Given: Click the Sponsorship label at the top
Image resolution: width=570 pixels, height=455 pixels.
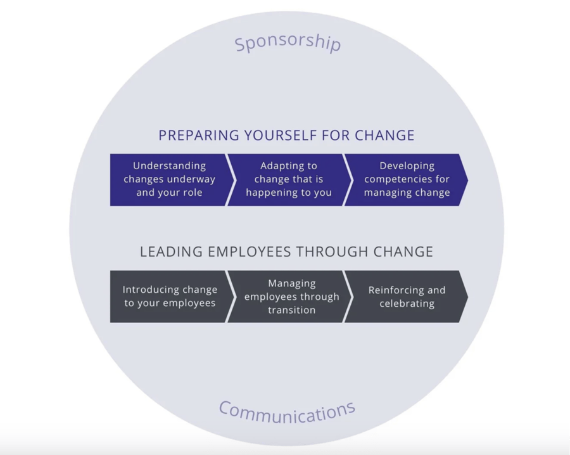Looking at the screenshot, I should pyautogui.click(x=288, y=44).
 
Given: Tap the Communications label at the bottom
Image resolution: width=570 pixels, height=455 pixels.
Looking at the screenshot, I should pyautogui.click(x=287, y=411).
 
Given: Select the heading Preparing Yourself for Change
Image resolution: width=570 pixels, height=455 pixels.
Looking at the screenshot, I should pyautogui.click(x=286, y=135).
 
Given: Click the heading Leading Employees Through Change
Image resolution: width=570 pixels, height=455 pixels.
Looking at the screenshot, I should pyautogui.click(x=286, y=252).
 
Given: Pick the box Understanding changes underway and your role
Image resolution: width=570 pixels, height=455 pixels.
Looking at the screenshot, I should pyautogui.click(x=169, y=179).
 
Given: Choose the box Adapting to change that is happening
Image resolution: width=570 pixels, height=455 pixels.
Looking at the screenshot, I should pyautogui.click(x=288, y=179).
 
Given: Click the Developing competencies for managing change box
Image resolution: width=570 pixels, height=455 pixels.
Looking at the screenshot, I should pyautogui.click(x=407, y=179).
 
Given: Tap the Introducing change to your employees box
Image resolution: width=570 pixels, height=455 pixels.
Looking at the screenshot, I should pyautogui.click(x=169, y=296).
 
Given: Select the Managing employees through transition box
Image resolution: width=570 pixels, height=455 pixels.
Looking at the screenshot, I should pyautogui.click(x=291, y=296).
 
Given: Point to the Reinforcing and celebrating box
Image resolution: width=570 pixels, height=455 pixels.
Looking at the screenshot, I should pyautogui.click(x=407, y=296).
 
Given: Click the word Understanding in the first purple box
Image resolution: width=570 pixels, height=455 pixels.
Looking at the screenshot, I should pyautogui.click(x=169, y=165).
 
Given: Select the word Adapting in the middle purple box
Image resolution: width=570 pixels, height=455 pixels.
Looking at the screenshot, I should pyautogui.click(x=289, y=165).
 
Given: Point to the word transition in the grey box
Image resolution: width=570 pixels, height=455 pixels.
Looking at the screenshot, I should pyautogui.click(x=291, y=310).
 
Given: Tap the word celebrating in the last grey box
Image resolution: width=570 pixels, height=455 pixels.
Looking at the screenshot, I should pyautogui.click(x=407, y=304).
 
